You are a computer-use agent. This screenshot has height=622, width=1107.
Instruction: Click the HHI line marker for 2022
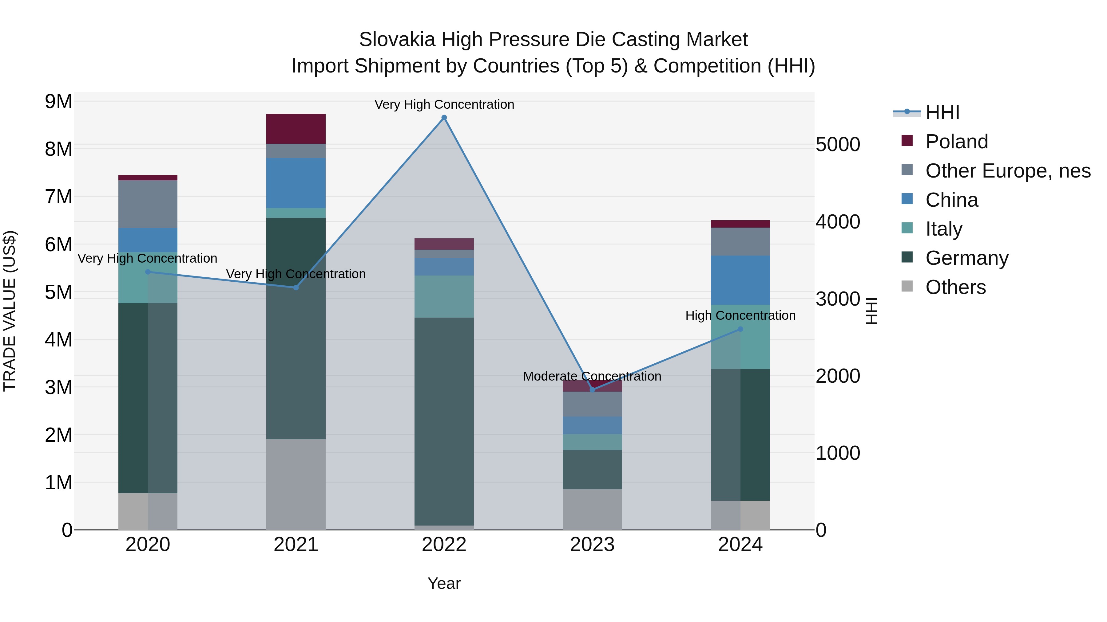[x=444, y=118]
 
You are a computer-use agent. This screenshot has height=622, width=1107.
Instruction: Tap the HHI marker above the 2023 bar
[x=592, y=390]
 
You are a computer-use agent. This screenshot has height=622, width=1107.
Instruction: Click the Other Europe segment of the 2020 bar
[x=148, y=204]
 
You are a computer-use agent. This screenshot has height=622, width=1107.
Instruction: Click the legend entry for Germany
[x=966, y=258]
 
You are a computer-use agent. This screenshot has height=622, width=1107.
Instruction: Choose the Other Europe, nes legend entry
[x=1007, y=171]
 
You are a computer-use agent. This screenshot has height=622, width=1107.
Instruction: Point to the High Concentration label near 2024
[x=740, y=315]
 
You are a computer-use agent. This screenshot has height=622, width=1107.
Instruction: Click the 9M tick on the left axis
[x=58, y=102]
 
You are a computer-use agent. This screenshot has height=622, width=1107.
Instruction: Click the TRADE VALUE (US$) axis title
[x=10, y=311]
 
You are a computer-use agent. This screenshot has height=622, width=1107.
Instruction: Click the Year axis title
[x=444, y=583]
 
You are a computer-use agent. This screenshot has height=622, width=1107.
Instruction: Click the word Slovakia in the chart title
[x=397, y=40]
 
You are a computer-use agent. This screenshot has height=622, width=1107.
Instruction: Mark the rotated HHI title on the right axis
[x=871, y=311]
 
